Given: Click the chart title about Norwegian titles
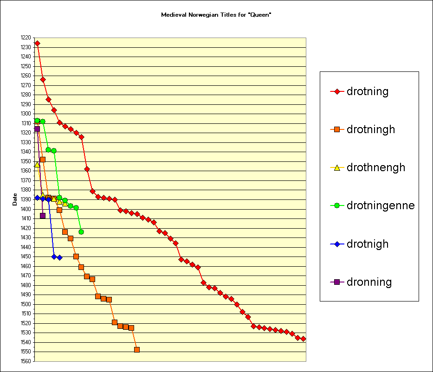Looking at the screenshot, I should point(216,15).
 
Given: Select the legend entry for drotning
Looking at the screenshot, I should point(367,91).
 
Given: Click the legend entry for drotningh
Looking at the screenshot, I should point(370,129).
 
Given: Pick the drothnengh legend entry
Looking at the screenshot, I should point(375,167).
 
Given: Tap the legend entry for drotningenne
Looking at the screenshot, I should point(380,205).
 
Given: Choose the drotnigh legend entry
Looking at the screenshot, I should point(367,244).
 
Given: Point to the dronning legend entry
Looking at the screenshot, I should point(368,282).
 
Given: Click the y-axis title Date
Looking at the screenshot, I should point(15,199).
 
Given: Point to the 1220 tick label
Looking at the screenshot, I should point(26,38).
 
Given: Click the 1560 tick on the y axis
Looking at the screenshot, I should point(26,361).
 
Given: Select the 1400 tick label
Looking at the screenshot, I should point(26,209).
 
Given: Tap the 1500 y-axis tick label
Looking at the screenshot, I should point(26,304).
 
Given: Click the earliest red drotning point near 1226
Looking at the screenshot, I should point(37,43).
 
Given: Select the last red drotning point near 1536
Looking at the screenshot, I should point(303,339).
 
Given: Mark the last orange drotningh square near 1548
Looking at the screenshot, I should point(137,350).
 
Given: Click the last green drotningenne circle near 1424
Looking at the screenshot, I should point(81,232).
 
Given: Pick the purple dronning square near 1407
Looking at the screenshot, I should point(43,216).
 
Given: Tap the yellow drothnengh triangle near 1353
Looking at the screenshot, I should point(37,164).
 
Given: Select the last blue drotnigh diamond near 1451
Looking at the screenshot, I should point(59,257).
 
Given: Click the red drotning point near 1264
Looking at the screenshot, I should point(43,79).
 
